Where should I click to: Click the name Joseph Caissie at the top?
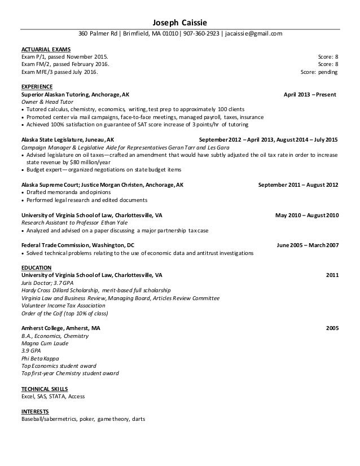pos(180,23)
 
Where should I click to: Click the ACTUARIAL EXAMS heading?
pos(46,50)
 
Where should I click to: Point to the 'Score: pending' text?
pos(319,72)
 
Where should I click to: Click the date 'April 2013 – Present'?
pos(310,95)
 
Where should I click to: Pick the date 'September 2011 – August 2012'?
pos(298,184)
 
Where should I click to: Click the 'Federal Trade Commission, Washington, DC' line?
pos(78,245)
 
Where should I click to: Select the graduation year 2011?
pos(332,275)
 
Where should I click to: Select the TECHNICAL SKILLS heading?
pos(45,389)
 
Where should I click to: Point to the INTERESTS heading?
pos(35,411)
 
